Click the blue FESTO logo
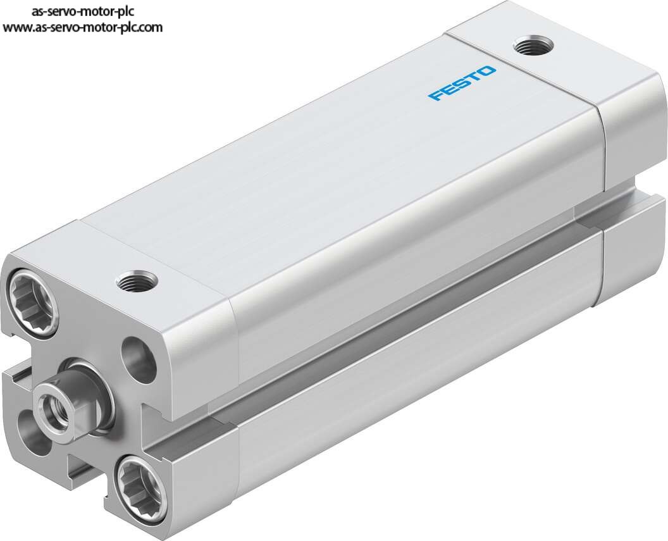pos(462,83)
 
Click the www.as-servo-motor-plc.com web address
pos(83,27)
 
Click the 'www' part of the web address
pos(18,28)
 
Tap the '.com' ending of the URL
pos(149,28)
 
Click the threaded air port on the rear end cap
pos(533,45)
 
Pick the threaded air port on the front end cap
pos(137,281)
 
